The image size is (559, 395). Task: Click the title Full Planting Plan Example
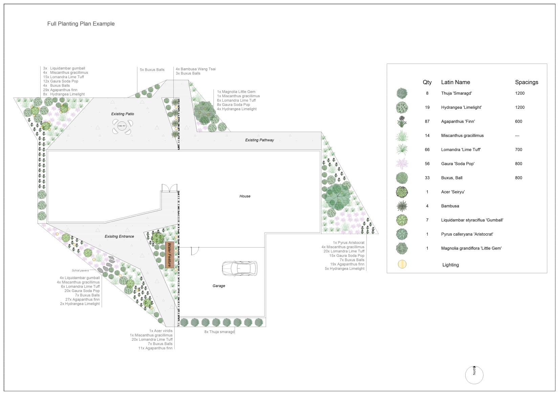click(x=81, y=24)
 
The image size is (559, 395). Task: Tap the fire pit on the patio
click(x=122, y=126)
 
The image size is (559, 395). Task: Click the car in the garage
click(x=240, y=268)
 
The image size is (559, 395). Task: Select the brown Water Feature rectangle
click(x=170, y=255)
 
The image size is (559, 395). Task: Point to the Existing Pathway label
click(x=260, y=140)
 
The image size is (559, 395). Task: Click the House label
click(x=245, y=196)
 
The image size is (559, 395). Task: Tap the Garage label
click(x=219, y=286)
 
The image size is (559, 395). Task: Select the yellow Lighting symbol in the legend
click(x=402, y=264)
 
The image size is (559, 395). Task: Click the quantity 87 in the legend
click(x=427, y=121)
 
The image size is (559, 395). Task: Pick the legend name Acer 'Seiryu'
click(x=453, y=192)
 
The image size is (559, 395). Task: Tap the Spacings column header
click(x=527, y=82)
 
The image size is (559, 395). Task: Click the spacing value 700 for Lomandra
click(x=519, y=149)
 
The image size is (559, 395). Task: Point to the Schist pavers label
click(x=80, y=270)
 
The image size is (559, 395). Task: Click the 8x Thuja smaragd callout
click(x=219, y=332)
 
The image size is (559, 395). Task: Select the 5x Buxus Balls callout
click(x=152, y=70)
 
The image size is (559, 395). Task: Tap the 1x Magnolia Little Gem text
click(x=236, y=92)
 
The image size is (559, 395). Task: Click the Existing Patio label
click(x=122, y=114)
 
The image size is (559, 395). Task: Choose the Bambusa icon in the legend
click(x=402, y=206)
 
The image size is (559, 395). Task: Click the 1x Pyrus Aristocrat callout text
click(x=349, y=242)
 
